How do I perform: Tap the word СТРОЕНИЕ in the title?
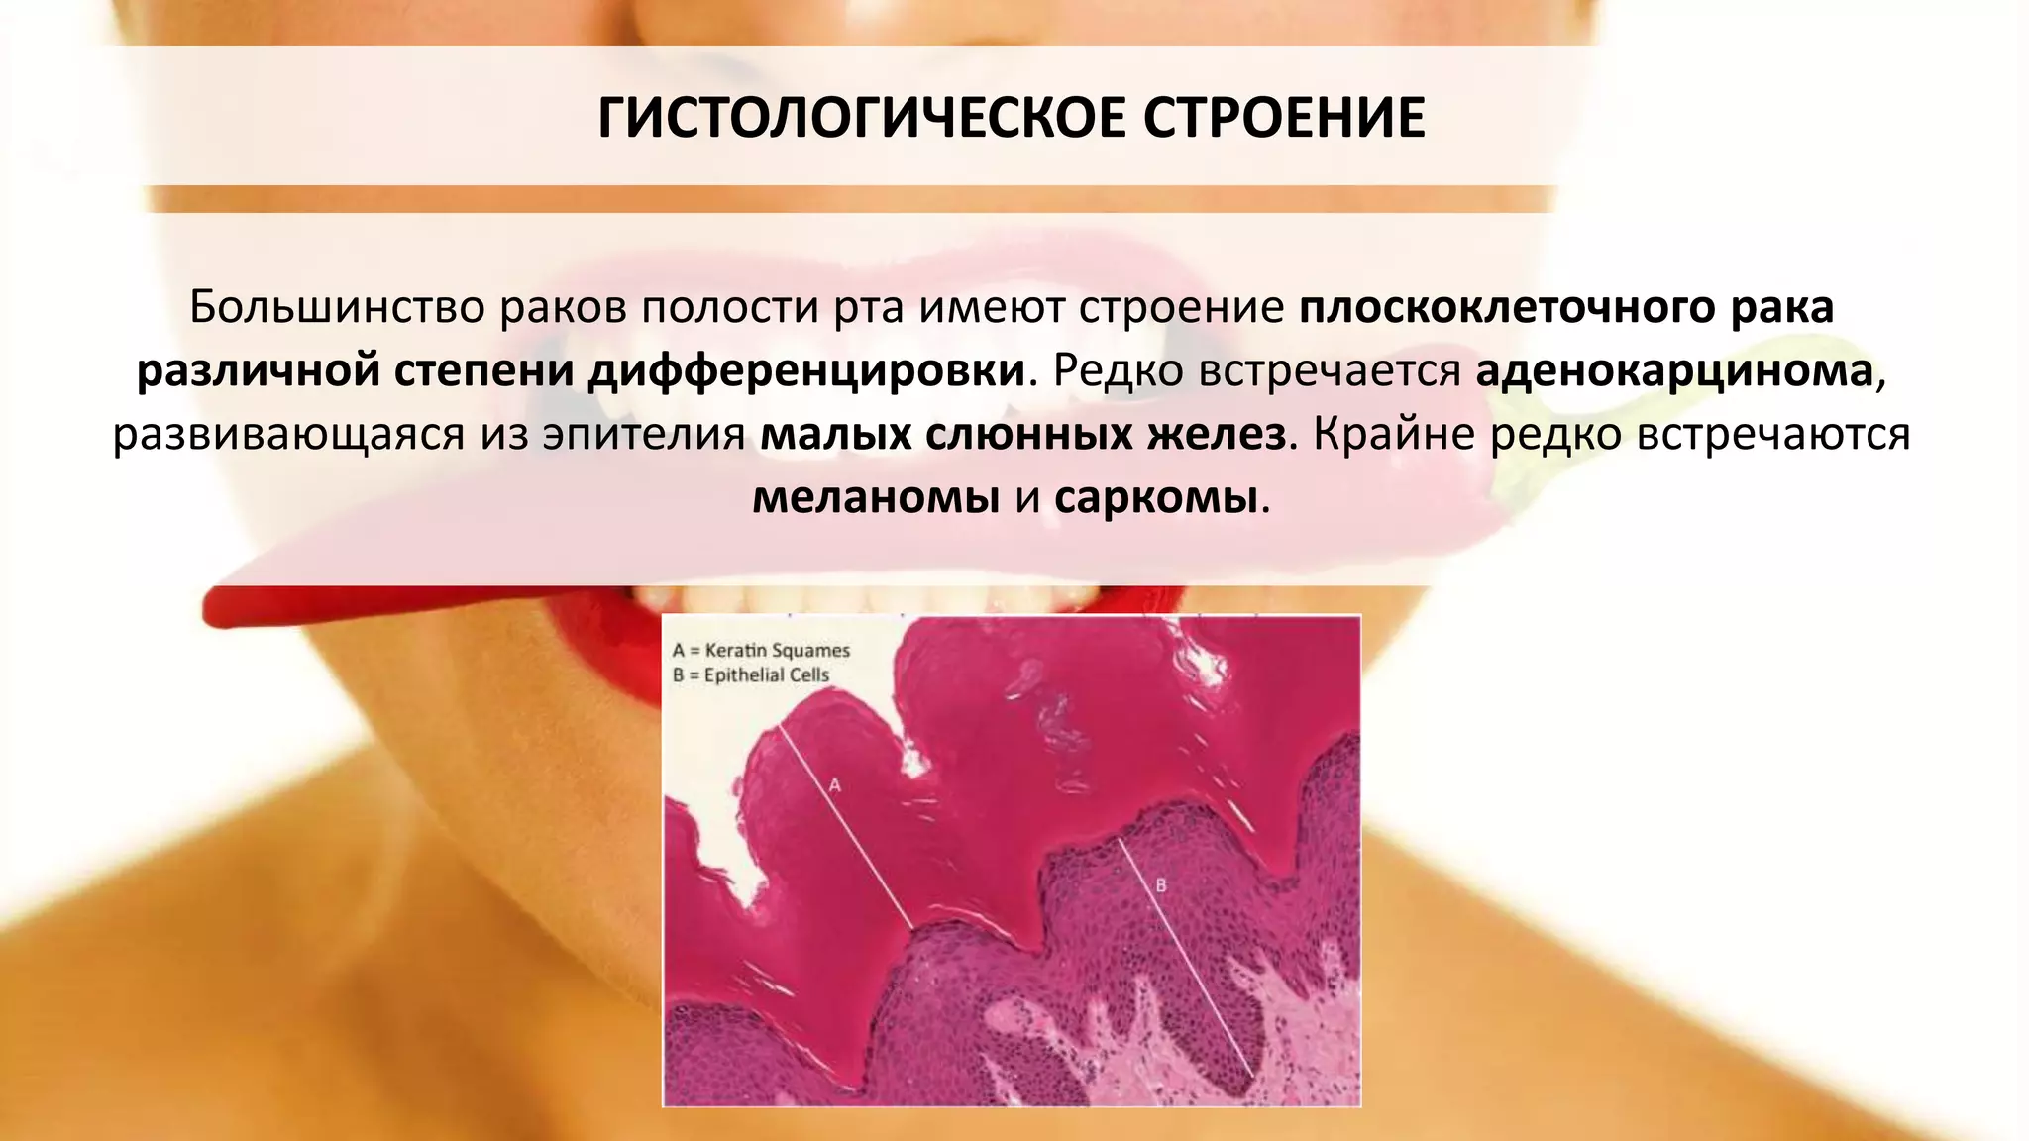point(1284,119)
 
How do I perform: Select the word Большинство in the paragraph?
point(336,308)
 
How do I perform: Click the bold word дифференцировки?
point(806,371)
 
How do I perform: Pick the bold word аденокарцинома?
point(1674,371)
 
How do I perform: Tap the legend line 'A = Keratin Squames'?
point(761,651)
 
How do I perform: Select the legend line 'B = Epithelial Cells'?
point(751,675)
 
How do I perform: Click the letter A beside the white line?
point(834,785)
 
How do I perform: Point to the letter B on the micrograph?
point(1161,885)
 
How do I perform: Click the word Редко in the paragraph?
point(1119,371)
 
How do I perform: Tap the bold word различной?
point(259,371)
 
